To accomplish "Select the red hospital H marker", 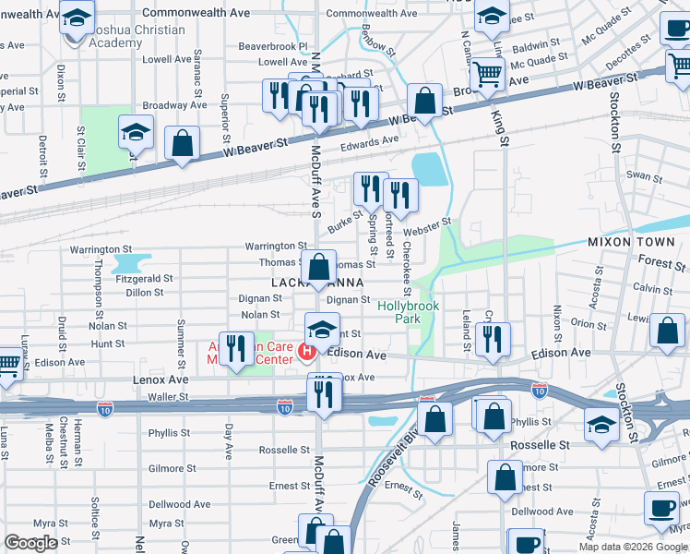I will click(x=307, y=352).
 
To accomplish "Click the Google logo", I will click(x=30, y=543).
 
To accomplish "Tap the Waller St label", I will click(x=167, y=397).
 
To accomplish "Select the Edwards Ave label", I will click(x=369, y=140).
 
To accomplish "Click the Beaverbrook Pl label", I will click(x=273, y=45).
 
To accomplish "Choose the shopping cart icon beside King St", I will click(x=487, y=73).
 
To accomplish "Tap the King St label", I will click(x=504, y=129).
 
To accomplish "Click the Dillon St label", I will click(x=144, y=292).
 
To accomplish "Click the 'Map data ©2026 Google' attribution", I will click(x=633, y=547).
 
